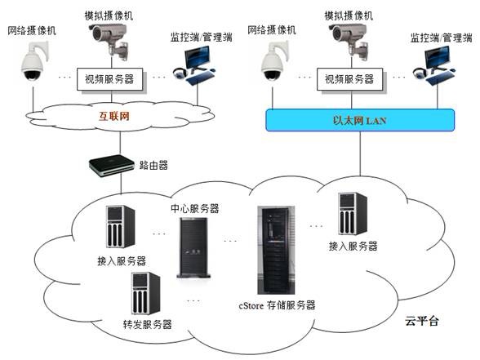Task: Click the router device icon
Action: [111, 165]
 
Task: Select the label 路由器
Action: [153, 165]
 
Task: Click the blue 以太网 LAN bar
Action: [361, 120]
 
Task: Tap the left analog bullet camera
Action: [108, 36]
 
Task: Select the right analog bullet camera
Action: [349, 36]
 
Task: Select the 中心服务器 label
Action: [193, 208]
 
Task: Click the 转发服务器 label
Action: [147, 324]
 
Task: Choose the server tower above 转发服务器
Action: [146, 293]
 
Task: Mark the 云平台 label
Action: [422, 321]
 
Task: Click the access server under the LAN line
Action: [353, 214]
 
